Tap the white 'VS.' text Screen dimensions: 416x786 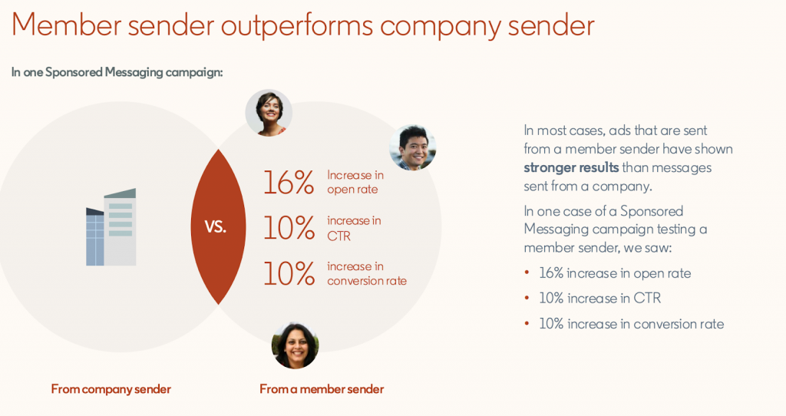tap(216, 227)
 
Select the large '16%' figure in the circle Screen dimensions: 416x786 tap(289, 183)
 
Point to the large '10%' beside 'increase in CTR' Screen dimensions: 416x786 tap(289, 228)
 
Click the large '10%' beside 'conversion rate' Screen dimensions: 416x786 tap(289, 273)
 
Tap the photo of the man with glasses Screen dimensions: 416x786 tap(412, 147)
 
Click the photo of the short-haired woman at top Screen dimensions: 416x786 tap(269, 113)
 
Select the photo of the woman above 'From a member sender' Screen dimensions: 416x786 tap(295, 345)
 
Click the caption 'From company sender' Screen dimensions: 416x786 tap(111, 389)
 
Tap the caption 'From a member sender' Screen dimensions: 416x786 tap(322, 389)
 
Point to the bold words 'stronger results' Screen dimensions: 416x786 tap(571, 167)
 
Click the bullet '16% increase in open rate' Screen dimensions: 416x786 tap(615, 273)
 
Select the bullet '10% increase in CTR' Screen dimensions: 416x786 tap(599, 299)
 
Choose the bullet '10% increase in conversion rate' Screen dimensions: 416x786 tap(631, 324)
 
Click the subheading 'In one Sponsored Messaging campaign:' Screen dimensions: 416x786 tap(117, 73)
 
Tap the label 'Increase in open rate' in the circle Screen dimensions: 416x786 tap(355, 183)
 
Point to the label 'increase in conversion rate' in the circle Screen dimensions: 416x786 tap(366, 273)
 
